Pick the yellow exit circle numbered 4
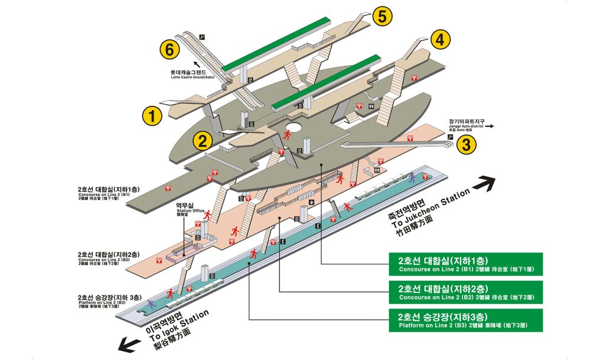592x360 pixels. point(439,40)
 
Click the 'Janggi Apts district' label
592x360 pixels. point(466,126)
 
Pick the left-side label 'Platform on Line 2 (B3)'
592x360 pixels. point(109,303)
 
